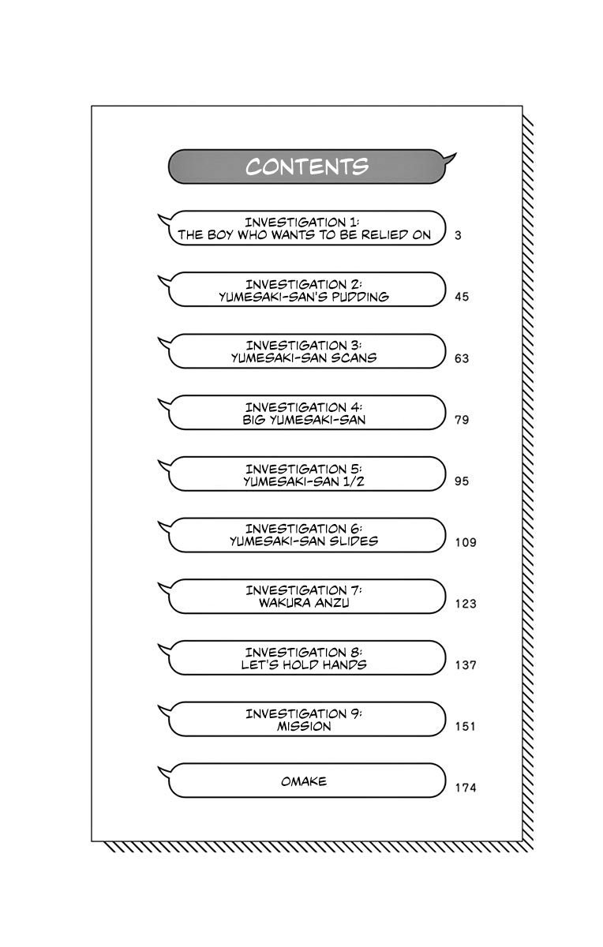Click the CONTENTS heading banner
pyautogui.click(x=307, y=167)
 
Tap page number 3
pyautogui.click(x=459, y=235)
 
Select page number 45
pyautogui.click(x=462, y=297)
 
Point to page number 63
pyautogui.click(x=462, y=358)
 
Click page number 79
pyautogui.click(x=462, y=419)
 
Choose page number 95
pyautogui.click(x=462, y=481)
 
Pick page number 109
pyautogui.click(x=466, y=542)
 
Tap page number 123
pyautogui.click(x=466, y=604)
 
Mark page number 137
pyautogui.click(x=466, y=665)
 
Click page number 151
pyautogui.click(x=466, y=727)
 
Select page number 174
pyautogui.click(x=466, y=788)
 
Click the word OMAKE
pyautogui.click(x=304, y=781)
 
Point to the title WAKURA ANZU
pyautogui.click(x=304, y=604)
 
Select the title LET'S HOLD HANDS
pyautogui.click(x=304, y=665)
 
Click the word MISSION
pyautogui.click(x=304, y=727)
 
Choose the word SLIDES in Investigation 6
pyautogui.click(x=355, y=542)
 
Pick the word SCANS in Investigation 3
pyautogui.click(x=355, y=358)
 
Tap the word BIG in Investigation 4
pyautogui.click(x=253, y=420)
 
